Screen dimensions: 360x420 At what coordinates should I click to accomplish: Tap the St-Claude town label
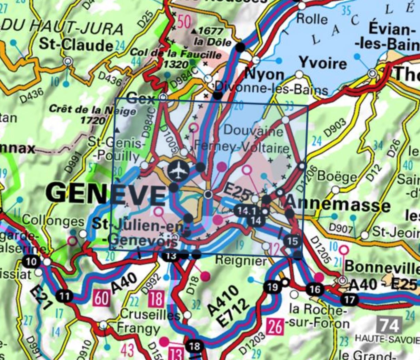76,44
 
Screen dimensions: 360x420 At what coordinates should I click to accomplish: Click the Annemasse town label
338,204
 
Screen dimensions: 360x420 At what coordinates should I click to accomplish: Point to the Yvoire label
323,63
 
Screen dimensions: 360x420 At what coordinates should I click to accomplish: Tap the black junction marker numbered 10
31,261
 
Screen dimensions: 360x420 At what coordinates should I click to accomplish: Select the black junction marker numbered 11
64,296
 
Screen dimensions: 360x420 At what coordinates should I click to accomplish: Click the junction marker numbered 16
314,289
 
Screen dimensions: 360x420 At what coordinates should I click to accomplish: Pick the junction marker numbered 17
349,299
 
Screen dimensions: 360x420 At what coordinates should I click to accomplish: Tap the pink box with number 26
275,326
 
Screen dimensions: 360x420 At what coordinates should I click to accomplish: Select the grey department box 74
390,325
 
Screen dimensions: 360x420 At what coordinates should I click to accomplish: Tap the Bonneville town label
382,267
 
